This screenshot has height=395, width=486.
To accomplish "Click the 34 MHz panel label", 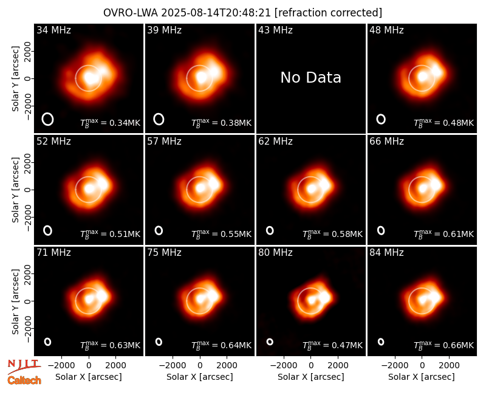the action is [53, 30].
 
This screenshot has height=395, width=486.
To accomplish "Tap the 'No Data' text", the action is [310, 78].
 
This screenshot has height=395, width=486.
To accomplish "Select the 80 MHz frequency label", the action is [275, 253].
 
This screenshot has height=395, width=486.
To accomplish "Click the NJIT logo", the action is [24, 367].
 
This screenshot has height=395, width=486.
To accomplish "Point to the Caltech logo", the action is [24, 380].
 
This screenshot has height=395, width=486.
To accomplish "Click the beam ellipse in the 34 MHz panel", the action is [48, 119].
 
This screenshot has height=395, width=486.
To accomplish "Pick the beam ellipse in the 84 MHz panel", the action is [381, 342].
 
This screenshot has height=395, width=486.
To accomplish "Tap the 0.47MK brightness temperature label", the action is [332, 345].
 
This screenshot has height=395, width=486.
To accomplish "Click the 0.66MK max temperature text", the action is [443, 345].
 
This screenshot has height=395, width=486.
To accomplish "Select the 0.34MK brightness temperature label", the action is [110, 123].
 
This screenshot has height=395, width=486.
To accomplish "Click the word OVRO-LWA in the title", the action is [131, 13].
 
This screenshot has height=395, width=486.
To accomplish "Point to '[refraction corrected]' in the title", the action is [329, 13].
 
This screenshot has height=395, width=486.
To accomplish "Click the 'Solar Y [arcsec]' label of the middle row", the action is [15, 190].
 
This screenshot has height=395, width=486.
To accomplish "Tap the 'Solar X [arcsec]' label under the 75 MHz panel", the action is [200, 377].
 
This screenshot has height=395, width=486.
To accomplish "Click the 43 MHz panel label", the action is [275, 30].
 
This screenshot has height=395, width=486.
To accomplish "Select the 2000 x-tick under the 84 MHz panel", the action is [449, 366].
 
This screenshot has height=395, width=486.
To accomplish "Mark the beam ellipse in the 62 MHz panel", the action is [270, 230].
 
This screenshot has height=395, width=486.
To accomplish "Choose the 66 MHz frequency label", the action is [386, 142].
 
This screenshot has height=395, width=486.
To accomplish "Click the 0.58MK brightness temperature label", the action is [332, 234].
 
